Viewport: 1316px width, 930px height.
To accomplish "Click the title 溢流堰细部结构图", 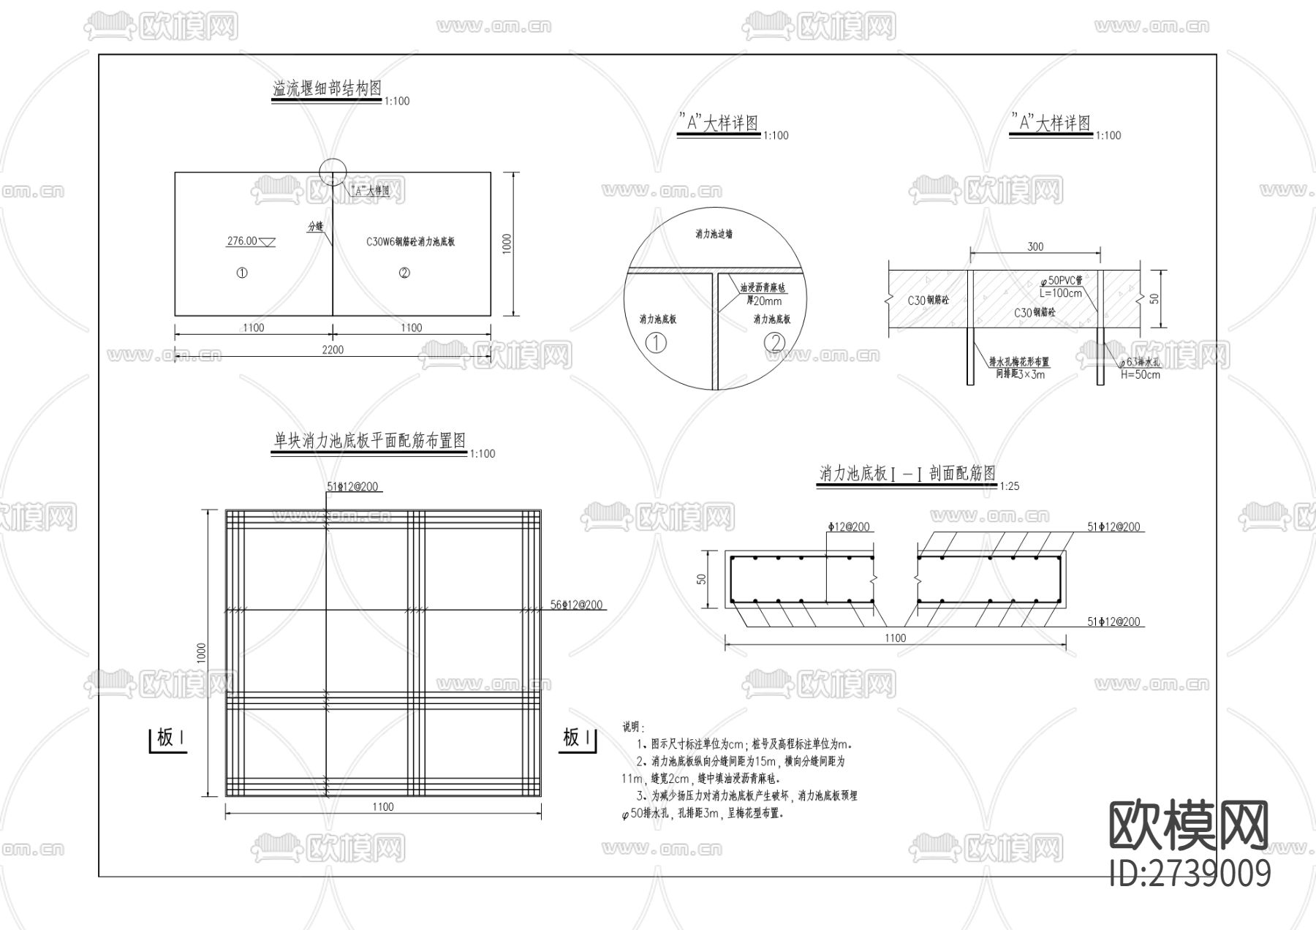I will coord(327,89).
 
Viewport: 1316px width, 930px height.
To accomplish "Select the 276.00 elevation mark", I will coord(242,241).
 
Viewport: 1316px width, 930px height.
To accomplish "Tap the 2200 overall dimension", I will coord(332,350).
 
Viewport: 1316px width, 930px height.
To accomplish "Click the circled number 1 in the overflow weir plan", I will coord(242,273).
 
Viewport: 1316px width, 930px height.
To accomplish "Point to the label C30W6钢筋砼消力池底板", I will coord(410,242).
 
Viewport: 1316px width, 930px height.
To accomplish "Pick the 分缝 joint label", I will coord(315,227).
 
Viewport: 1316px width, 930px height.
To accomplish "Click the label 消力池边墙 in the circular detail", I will coord(714,234).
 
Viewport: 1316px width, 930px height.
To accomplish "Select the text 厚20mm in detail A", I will coord(763,300).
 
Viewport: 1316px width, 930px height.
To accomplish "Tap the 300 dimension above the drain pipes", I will coord(1035,247).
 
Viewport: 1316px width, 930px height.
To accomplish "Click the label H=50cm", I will coord(1140,375).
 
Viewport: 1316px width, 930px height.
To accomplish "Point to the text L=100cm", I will coord(1060,293).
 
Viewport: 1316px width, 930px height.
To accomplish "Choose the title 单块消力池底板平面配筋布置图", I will coord(369,441).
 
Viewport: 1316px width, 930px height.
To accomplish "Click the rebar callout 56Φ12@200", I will coord(577,605).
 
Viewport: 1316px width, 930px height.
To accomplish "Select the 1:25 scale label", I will coord(1009,486).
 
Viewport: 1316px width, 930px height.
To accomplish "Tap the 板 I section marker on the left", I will coord(167,738).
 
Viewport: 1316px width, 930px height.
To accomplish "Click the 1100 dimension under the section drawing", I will coord(895,638).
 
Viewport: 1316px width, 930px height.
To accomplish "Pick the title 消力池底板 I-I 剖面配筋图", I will coord(907,474).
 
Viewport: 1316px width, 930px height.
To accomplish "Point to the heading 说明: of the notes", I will coord(633,727).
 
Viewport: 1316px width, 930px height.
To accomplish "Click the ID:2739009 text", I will coord(1190,873).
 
